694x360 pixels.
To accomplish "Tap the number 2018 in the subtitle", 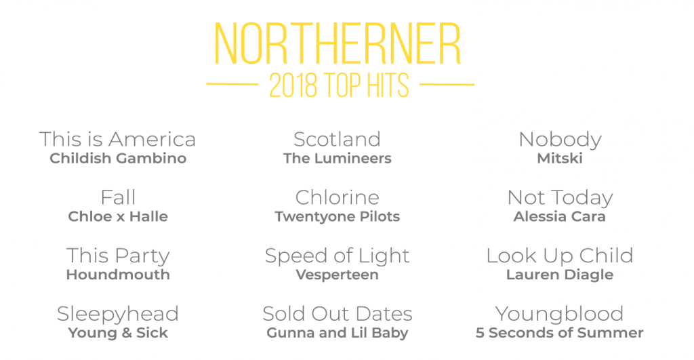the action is [x=293, y=85].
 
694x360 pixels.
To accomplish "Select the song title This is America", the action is [x=118, y=139].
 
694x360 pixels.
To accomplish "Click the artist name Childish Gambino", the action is [x=118, y=158].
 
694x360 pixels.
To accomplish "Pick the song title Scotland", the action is [x=338, y=139].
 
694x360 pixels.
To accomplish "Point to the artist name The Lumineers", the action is [x=338, y=158].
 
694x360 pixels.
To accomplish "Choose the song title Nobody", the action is [x=560, y=140].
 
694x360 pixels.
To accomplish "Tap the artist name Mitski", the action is [x=560, y=158].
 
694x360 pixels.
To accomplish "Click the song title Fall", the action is [x=118, y=197].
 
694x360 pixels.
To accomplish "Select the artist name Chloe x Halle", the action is [x=118, y=216].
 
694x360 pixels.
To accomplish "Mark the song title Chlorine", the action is [x=338, y=197].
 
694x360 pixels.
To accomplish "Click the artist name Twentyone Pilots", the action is [x=338, y=216].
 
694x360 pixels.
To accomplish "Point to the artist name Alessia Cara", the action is [x=559, y=216].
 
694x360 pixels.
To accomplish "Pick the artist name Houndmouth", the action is [x=118, y=275].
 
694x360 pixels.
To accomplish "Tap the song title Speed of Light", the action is [x=338, y=256].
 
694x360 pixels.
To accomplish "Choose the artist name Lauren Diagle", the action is [x=560, y=275].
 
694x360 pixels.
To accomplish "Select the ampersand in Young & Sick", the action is [x=127, y=333].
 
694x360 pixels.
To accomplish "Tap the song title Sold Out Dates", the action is [x=338, y=313].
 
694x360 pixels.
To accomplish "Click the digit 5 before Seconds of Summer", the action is [x=480, y=333].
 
